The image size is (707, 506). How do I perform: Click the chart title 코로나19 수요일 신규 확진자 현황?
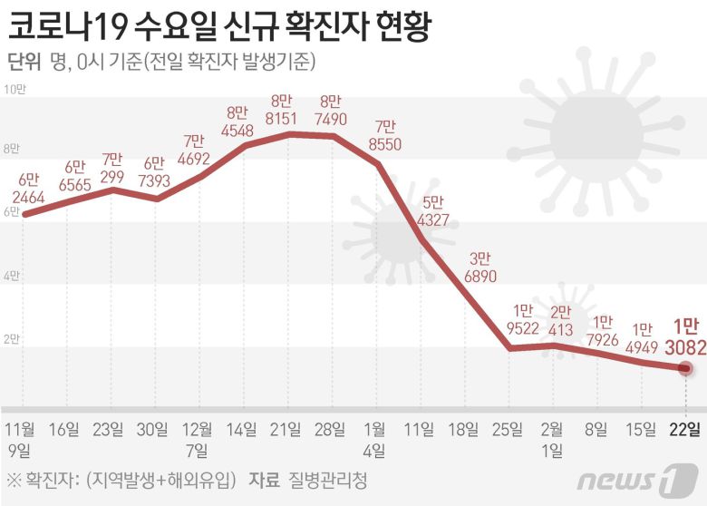pos(218,26)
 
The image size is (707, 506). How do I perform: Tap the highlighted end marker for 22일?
pos(685,368)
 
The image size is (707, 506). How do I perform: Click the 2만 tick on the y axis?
pos(12,340)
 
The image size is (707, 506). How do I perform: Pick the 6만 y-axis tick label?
pos(12,212)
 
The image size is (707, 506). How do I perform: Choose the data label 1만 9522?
pos(523,319)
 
